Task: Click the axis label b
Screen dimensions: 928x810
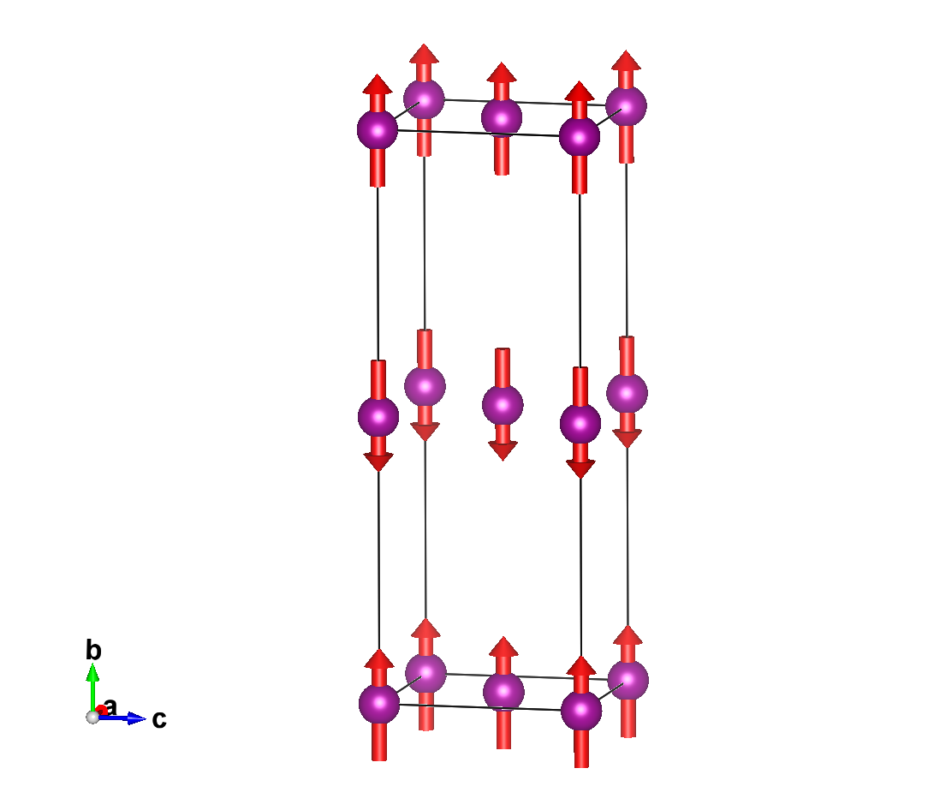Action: pyautogui.click(x=93, y=650)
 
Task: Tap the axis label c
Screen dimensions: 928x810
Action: pyautogui.click(x=159, y=719)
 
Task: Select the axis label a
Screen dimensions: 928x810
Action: pyautogui.click(x=110, y=707)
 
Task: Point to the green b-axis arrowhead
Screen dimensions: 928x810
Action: pyautogui.click(x=92, y=671)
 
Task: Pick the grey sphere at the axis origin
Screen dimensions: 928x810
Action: pyautogui.click(x=92, y=717)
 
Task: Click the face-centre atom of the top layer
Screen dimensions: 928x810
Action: pyautogui.click(x=502, y=118)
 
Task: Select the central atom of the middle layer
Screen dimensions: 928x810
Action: pyautogui.click(x=503, y=405)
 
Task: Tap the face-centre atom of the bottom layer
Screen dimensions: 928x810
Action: pyautogui.click(x=503, y=692)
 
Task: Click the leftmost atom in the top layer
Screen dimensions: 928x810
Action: pyautogui.click(x=378, y=129)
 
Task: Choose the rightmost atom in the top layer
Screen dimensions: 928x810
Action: pyautogui.click(x=626, y=106)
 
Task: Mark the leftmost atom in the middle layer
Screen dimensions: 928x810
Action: pyautogui.click(x=378, y=417)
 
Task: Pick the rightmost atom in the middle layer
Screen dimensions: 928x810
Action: pyautogui.click(x=628, y=393)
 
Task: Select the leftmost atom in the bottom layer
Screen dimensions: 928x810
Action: pyautogui.click(x=379, y=704)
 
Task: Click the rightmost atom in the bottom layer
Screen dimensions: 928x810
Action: pyautogui.click(x=628, y=680)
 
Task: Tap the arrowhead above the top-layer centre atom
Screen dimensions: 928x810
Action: pyautogui.click(x=502, y=72)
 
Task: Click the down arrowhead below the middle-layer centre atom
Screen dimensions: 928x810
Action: pyautogui.click(x=503, y=451)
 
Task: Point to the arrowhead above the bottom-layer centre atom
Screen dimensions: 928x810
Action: pyautogui.click(x=503, y=646)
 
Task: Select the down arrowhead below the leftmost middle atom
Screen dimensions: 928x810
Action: pyautogui.click(x=378, y=462)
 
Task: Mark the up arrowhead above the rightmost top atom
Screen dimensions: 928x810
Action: pyautogui.click(x=626, y=61)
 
